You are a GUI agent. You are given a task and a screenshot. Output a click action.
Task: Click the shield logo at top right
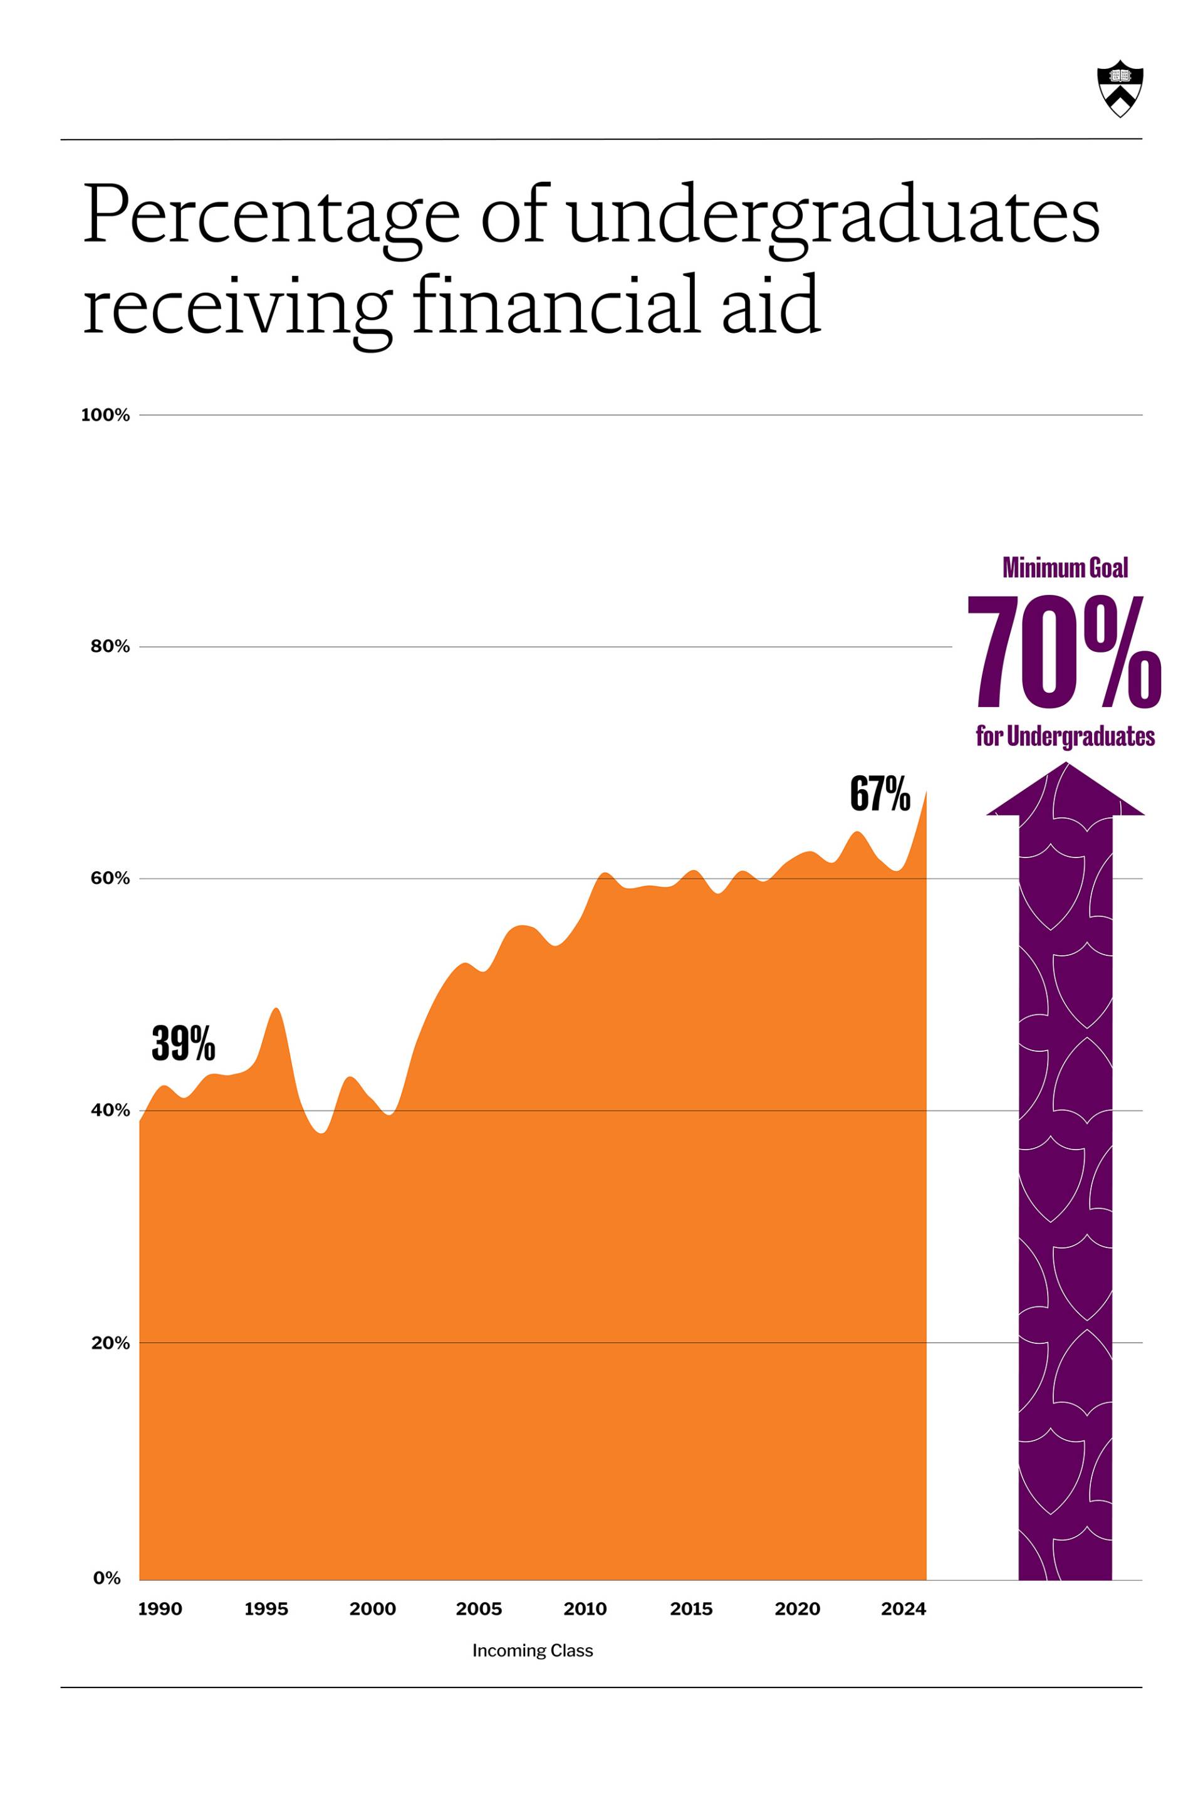tap(1120, 88)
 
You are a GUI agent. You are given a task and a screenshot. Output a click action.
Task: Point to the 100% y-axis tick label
tap(105, 415)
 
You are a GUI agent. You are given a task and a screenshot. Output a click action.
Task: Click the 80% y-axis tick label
tap(110, 646)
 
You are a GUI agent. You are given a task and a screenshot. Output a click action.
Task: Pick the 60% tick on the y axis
tap(110, 878)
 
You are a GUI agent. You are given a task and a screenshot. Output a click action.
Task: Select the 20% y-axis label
tap(110, 1342)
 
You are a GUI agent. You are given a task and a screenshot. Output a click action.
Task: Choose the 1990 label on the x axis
tap(160, 1608)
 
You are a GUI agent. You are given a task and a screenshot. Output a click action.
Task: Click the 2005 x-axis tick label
tap(479, 1608)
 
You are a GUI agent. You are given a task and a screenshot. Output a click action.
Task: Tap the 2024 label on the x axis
tap(904, 1608)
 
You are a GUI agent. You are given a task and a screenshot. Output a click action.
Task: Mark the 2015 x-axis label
tap(691, 1608)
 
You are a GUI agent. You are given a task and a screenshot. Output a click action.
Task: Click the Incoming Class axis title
tap(533, 1650)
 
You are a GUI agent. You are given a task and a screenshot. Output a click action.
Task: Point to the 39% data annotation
tap(184, 1044)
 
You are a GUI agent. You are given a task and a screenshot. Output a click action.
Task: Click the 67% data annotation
tap(880, 794)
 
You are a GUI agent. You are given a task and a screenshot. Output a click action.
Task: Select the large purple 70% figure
tap(1064, 653)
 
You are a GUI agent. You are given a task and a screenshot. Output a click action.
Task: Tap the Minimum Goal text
tap(1065, 568)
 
